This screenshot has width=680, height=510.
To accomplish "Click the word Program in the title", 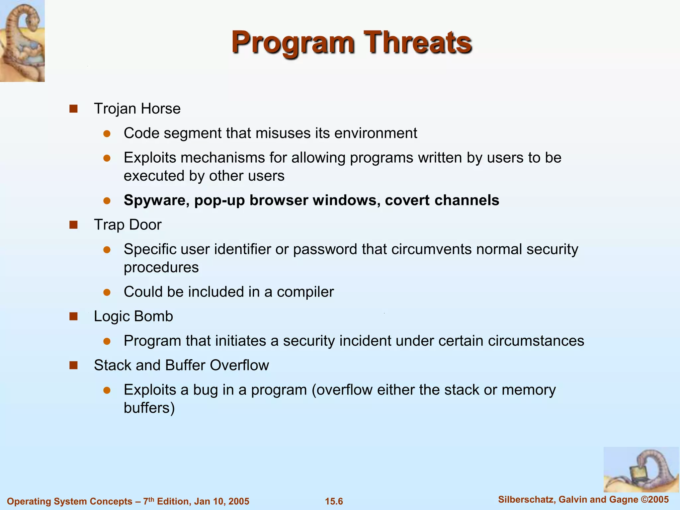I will (x=293, y=42).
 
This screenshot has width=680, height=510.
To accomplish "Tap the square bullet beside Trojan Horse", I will (x=73, y=109).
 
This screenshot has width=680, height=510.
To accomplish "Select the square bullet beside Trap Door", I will (x=73, y=225).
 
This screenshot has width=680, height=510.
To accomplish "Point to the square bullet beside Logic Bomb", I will (x=73, y=316).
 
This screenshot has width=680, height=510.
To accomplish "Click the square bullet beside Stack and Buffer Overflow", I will (x=73, y=366).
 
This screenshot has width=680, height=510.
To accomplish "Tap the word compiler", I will (x=305, y=292).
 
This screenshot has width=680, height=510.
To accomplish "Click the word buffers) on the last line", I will (x=149, y=408).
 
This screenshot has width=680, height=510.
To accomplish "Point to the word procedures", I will (x=161, y=267).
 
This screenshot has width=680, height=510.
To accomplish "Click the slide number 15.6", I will (x=334, y=501).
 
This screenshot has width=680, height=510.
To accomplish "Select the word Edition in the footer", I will (x=172, y=501).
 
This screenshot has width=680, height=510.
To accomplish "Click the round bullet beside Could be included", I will (x=107, y=292).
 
